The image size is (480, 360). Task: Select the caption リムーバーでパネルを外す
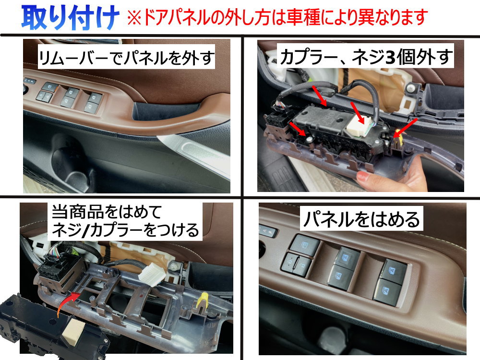click(127, 59)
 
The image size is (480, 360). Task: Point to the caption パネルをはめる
click(361, 219)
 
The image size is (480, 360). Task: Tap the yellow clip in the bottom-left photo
click(204, 300)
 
